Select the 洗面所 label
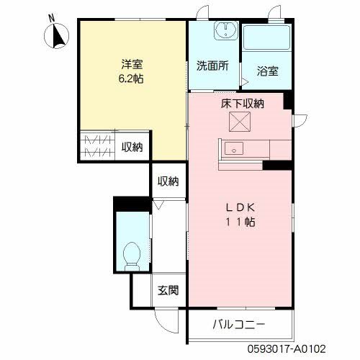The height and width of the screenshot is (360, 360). coord(212,66)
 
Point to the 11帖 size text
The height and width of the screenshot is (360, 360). coord(241,222)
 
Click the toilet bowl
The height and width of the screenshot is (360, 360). coord(132,253)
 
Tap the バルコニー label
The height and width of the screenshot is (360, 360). coord(238,324)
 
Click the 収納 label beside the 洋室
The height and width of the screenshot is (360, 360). coord(132,147)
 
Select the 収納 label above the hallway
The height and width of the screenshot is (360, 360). coord(168,181)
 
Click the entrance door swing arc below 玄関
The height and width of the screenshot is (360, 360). coord(168,320)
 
